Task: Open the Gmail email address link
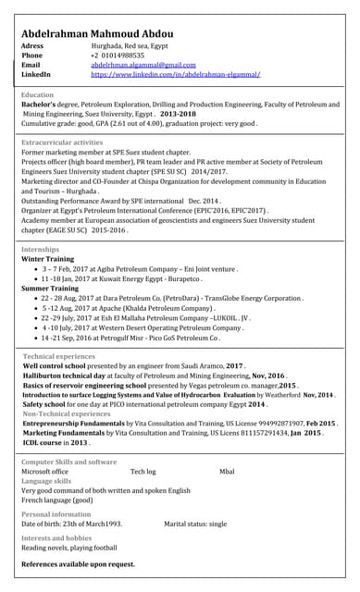(x=143, y=65)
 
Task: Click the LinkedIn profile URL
(x=175, y=74)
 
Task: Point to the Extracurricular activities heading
(x=62, y=142)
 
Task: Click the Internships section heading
(x=40, y=250)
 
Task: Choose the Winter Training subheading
(x=47, y=260)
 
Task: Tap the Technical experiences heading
(x=59, y=356)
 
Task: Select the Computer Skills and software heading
(x=68, y=462)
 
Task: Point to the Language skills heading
(x=46, y=481)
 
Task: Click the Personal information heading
(x=56, y=513)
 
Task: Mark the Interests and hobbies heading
(x=56, y=537)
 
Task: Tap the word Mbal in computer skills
(x=227, y=472)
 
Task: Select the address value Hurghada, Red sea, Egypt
(x=130, y=45)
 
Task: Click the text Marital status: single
(x=195, y=524)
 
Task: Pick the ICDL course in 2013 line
(x=56, y=442)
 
